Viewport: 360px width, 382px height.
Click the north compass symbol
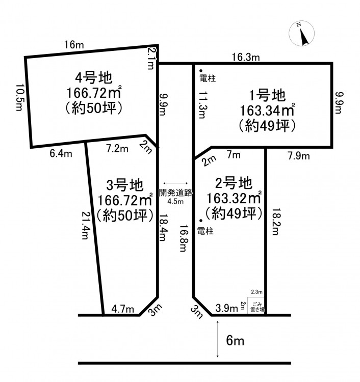[301, 34]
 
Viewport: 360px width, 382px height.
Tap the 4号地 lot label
[94, 78]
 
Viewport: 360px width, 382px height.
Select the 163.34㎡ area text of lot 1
[267, 111]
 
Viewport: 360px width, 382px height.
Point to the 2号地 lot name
[234, 183]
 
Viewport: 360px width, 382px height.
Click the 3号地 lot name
[125, 185]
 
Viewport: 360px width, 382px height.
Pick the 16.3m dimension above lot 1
[246, 57]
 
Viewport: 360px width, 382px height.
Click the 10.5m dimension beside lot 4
[19, 97]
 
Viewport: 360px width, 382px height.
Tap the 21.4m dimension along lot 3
[86, 225]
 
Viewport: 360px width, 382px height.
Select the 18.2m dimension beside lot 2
[276, 222]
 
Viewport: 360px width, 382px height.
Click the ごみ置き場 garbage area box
[256, 306]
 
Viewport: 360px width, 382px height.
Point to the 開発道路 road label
[175, 193]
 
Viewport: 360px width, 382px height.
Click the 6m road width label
[235, 341]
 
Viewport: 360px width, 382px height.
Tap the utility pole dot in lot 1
[201, 71]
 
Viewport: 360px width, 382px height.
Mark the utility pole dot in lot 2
[201, 221]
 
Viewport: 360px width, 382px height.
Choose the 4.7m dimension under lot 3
[123, 309]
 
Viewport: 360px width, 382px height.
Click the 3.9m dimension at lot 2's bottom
[226, 308]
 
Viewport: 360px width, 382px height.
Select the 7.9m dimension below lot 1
[299, 156]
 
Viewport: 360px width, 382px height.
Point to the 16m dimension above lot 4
[74, 45]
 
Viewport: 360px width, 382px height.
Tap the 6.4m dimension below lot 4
[61, 154]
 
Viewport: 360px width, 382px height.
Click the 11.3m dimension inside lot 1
[202, 105]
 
